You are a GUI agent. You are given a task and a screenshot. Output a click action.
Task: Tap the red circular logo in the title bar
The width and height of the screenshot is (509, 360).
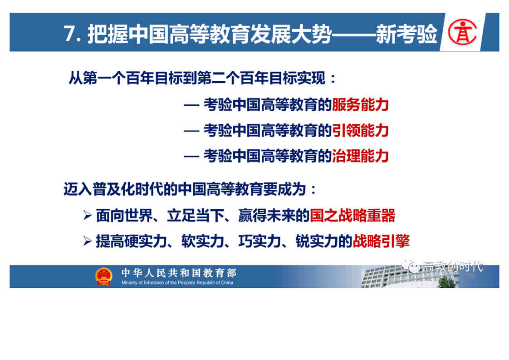click(x=462, y=32)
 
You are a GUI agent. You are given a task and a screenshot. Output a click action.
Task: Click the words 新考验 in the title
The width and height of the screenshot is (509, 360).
click(x=407, y=34)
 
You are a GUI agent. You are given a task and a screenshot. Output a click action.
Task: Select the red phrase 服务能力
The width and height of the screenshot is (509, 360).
click(x=360, y=104)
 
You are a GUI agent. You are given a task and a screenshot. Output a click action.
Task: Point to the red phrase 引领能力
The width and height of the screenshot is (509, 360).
click(x=360, y=130)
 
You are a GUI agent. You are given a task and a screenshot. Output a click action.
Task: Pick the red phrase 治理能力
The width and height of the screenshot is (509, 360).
click(x=360, y=156)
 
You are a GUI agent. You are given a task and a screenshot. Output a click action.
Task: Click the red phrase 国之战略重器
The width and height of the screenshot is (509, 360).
click(x=352, y=216)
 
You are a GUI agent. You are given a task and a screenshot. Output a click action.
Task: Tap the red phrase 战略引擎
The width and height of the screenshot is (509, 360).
click(x=381, y=241)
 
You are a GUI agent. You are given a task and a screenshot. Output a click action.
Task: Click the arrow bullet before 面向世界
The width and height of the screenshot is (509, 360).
click(x=87, y=215)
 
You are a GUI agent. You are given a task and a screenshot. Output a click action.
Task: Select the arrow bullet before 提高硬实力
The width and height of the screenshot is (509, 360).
click(x=87, y=241)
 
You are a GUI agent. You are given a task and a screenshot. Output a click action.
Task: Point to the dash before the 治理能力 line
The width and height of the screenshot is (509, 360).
click(x=191, y=157)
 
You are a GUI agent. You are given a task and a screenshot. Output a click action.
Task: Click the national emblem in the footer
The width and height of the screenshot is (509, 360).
click(x=104, y=276)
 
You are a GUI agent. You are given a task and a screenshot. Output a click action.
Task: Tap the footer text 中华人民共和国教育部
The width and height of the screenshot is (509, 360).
click(x=179, y=273)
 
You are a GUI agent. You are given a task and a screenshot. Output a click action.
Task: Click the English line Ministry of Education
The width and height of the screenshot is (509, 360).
click(x=177, y=283)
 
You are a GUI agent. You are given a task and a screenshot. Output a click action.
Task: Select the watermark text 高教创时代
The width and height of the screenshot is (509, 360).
click(x=453, y=266)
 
